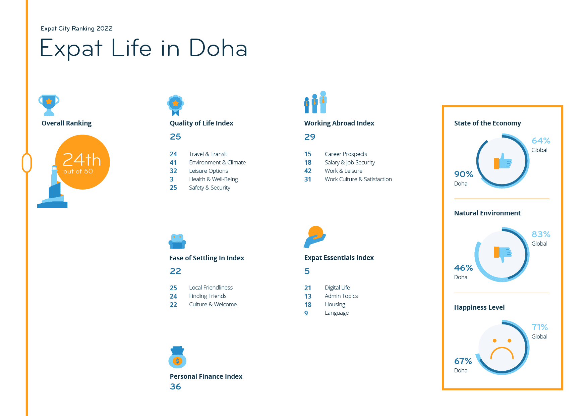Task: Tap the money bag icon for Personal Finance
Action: (x=177, y=358)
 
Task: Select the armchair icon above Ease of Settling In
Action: (x=177, y=242)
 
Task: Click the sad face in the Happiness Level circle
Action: (x=502, y=349)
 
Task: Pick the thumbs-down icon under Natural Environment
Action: (x=503, y=254)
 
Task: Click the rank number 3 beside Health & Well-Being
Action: (x=172, y=179)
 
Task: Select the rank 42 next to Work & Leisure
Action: (x=308, y=171)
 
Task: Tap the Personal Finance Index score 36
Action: (x=175, y=386)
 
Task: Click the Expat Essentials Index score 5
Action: (x=307, y=271)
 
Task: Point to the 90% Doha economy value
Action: (x=464, y=174)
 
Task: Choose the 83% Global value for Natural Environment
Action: (x=541, y=234)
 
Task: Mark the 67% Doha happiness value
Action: (x=463, y=361)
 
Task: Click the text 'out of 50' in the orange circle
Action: (x=78, y=171)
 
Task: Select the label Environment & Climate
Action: (x=217, y=162)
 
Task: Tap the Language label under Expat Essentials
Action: (x=337, y=313)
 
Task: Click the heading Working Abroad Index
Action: (x=339, y=123)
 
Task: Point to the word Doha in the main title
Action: (x=218, y=48)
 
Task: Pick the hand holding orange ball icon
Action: (x=315, y=237)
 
